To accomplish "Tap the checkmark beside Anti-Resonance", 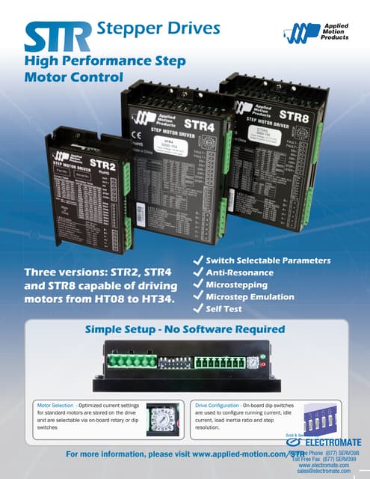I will click(x=199, y=272).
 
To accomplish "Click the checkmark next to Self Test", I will click(x=199, y=308).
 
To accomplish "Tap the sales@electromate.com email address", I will click(x=324, y=471).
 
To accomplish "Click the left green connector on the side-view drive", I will click(x=132, y=362).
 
